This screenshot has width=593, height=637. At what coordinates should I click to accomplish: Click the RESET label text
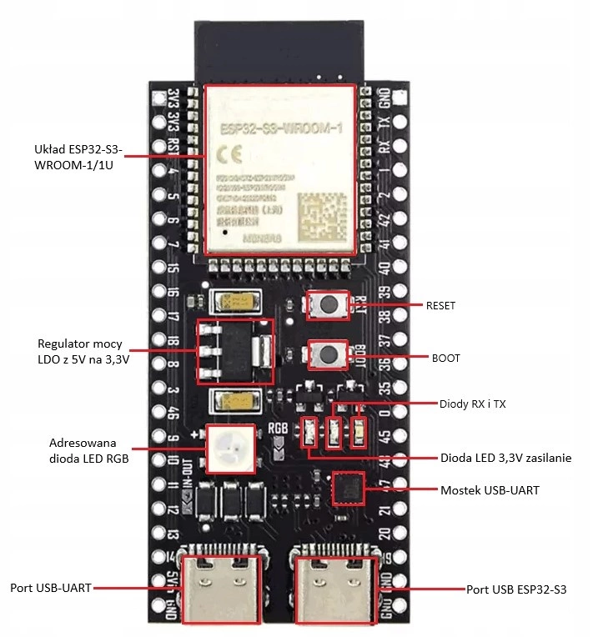pyautogui.click(x=441, y=306)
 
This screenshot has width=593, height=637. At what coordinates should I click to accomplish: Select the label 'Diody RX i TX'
pyautogui.click(x=473, y=404)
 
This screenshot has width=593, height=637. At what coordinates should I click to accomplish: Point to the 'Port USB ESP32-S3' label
pyautogui.click(x=517, y=589)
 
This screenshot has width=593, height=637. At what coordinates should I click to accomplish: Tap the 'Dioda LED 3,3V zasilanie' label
pyautogui.click(x=505, y=458)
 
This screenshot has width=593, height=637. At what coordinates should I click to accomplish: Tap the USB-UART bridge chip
pyautogui.click(x=348, y=489)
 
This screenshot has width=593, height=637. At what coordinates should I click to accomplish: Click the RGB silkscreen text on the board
pyautogui.click(x=279, y=431)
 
